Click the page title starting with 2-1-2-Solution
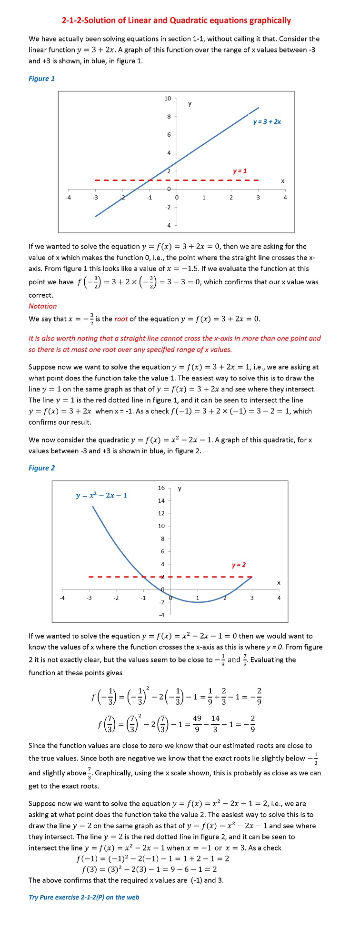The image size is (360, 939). click(176, 20)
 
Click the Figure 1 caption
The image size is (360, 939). click(41, 79)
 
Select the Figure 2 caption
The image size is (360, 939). click(41, 468)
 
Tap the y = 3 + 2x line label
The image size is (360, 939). click(267, 122)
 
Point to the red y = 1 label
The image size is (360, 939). click(240, 171)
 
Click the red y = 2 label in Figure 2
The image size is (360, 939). click(239, 565)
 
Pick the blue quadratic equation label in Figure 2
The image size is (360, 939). click(101, 496)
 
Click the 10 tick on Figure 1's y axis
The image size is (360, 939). click(168, 99)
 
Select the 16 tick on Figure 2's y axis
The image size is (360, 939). click(161, 488)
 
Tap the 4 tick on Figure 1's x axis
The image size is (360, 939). click(285, 198)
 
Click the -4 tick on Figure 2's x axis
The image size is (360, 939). click(62, 598)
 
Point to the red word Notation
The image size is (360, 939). click(42, 306)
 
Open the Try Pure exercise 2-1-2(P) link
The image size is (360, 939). click(84, 897)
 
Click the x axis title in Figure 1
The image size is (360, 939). click(282, 181)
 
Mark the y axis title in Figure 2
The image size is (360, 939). click(180, 489)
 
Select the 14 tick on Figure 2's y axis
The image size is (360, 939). click(161, 501)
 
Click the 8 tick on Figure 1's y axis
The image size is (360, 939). click(169, 117)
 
